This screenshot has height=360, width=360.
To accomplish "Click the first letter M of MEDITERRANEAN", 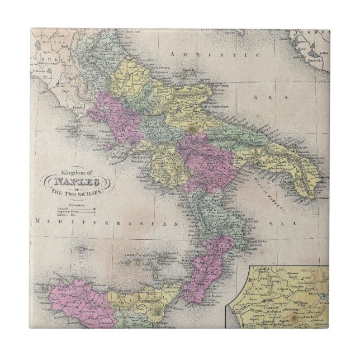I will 36,222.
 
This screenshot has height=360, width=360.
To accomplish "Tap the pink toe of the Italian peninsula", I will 204,274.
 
